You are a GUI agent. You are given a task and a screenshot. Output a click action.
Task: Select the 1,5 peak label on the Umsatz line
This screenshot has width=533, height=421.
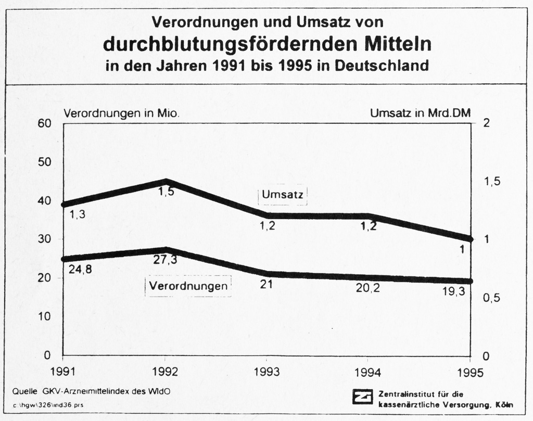(166, 192)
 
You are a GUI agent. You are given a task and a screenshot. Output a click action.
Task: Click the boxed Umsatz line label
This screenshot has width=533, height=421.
(283, 195)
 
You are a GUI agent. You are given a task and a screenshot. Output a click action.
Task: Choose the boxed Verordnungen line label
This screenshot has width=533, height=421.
(188, 286)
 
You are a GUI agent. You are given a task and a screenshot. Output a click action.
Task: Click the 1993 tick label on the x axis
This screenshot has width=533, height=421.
(266, 372)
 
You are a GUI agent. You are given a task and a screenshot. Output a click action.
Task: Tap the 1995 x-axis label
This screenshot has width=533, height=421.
(470, 372)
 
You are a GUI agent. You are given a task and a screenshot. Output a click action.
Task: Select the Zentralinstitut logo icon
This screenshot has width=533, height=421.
(362, 397)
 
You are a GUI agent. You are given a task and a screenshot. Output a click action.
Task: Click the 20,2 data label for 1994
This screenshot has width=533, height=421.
(367, 287)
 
